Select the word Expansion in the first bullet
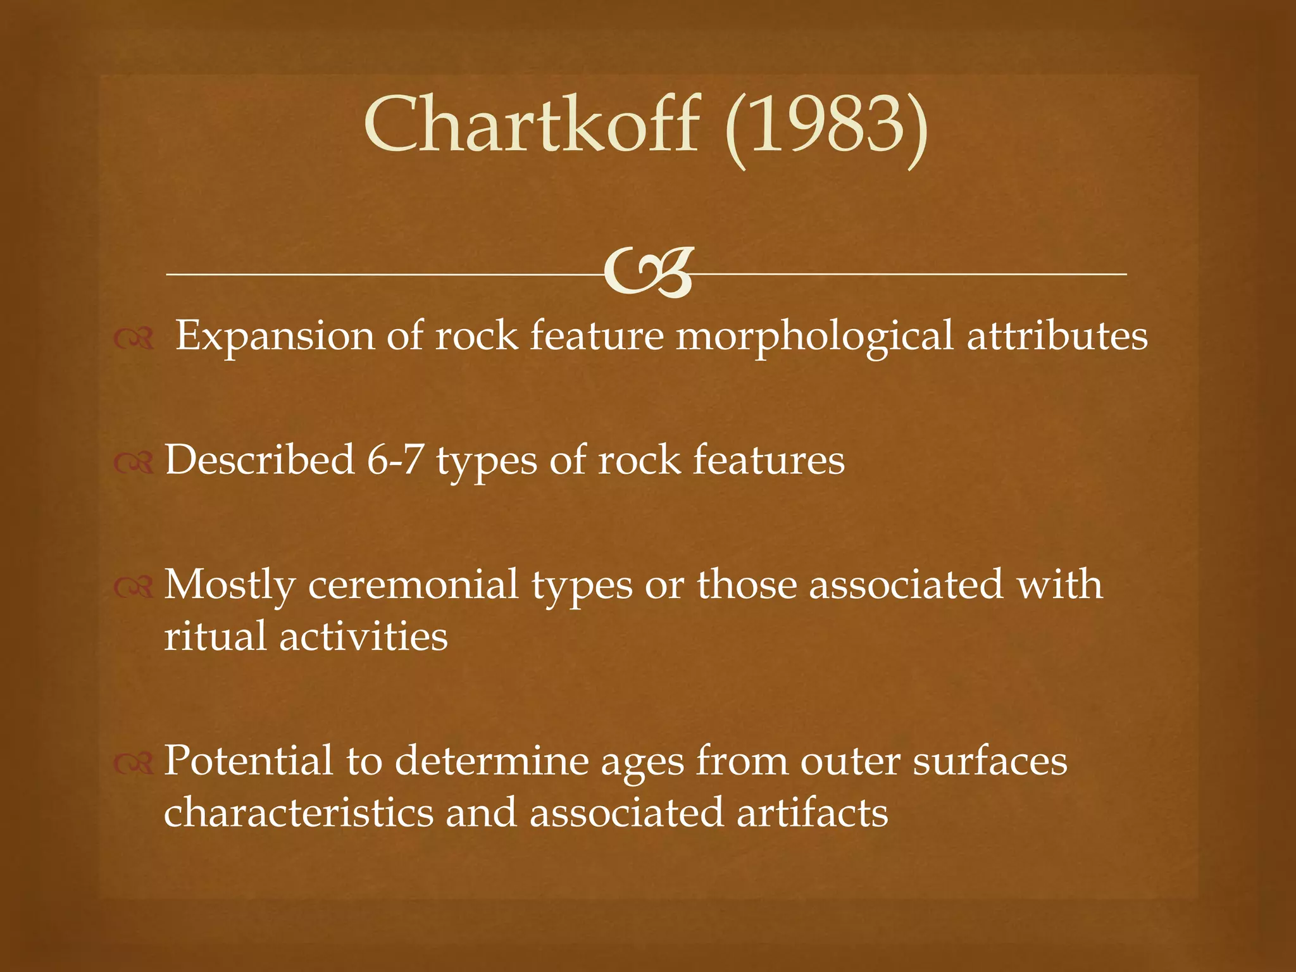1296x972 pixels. click(x=275, y=336)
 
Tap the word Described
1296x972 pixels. click(x=259, y=459)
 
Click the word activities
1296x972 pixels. click(x=363, y=636)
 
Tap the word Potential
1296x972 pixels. click(x=248, y=760)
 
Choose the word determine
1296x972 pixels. click(x=491, y=760)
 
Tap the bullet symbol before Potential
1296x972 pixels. click(x=134, y=764)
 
